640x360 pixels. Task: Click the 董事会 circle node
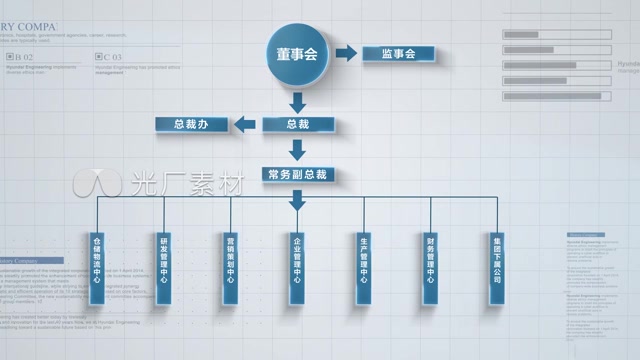click(297, 53)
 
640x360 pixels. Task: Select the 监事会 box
click(397, 53)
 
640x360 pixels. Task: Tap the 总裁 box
click(297, 124)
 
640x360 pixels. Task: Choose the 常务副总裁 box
click(297, 174)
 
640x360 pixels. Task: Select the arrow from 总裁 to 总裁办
click(243, 124)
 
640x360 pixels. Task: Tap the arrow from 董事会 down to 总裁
click(297, 101)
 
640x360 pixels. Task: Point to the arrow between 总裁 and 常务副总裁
click(297, 150)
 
